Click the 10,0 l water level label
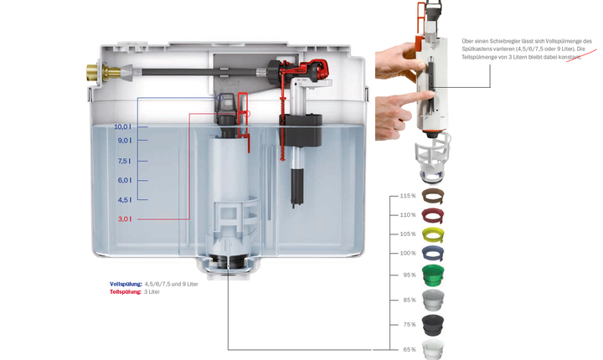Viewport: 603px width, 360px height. pos(122,126)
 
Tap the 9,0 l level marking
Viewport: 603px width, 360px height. pos(123,141)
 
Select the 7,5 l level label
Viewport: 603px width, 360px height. pos(123,161)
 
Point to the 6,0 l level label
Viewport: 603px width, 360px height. pos(123,180)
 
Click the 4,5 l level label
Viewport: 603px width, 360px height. pos(123,199)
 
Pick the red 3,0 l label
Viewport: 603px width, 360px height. pos(123,219)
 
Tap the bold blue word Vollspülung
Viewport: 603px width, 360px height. pos(126,284)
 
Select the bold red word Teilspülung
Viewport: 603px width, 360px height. pos(126,291)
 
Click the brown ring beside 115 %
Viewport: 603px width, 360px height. pos(433,196)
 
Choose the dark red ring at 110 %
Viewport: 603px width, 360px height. pos(433,215)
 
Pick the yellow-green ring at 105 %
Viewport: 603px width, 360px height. pos(433,234)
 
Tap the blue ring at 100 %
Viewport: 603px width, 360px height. pos(433,252)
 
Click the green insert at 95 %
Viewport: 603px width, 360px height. pos(433,275)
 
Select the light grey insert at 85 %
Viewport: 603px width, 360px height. pos(433,300)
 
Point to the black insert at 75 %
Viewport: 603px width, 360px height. pos(433,324)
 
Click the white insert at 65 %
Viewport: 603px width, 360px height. pos(433,348)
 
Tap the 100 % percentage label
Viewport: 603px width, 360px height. pos(407,253)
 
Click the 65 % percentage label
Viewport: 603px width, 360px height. pos(408,349)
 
